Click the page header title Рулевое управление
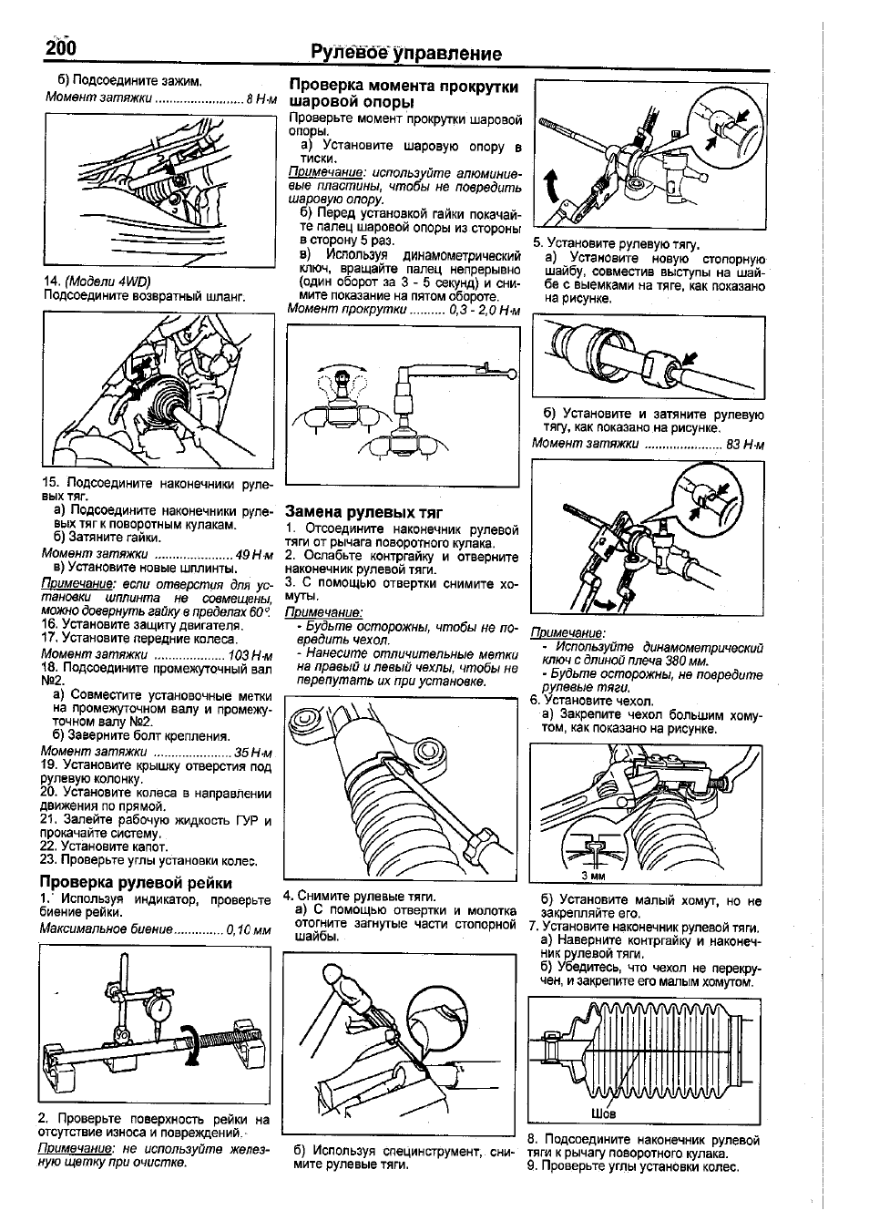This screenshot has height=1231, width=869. click(406, 53)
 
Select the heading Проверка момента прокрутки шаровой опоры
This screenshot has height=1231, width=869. click(404, 93)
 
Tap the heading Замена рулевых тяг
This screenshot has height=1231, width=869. click(358, 513)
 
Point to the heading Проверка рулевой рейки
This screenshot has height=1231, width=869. click(135, 882)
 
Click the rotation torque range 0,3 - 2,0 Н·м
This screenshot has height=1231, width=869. click(484, 309)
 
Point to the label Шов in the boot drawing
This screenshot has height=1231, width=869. click(603, 1113)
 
